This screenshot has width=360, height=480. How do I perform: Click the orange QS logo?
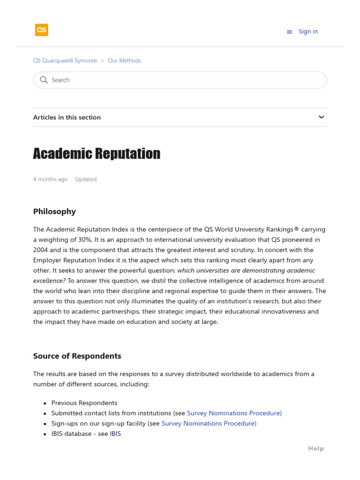(x=42, y=30)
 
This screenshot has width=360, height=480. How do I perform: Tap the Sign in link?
(x=308, y=31)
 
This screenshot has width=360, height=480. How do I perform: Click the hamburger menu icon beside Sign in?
(x=289, y=32)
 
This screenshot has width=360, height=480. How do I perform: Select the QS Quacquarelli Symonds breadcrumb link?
(x=65, y=60)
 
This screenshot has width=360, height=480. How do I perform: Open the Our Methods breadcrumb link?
(x=124, y=60)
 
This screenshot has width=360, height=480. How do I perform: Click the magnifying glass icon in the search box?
(x=44, y=80)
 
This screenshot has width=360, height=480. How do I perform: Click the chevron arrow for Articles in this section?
(x=321, y=117)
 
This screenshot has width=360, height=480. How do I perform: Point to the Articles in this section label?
(x=67, y=117)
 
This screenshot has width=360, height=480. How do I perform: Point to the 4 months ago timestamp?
(x=50, y=179)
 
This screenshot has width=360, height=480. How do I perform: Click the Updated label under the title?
(x=86, y=179)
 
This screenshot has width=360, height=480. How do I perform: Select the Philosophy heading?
(x=54, y=211)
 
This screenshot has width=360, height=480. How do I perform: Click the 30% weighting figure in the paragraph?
(x=85, y=239)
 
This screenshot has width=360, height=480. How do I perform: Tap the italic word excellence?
(x=49, y=280)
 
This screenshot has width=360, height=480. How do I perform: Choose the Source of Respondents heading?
(x=77, y=356)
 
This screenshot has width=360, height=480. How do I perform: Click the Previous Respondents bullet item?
(x=84, y=403)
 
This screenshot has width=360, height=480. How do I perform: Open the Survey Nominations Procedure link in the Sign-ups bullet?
(x=209, y=423)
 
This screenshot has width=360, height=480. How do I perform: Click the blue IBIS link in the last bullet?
(x=115, y=434)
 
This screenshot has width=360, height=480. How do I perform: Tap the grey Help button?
(x=315, y=449)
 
